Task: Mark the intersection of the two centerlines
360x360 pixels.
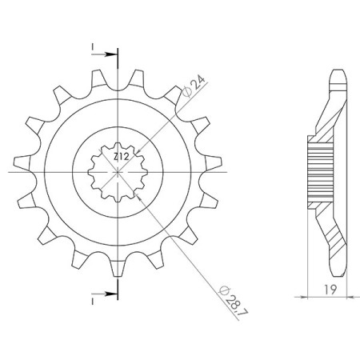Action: point(118,172)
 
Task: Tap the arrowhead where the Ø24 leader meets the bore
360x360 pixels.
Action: point(136,151)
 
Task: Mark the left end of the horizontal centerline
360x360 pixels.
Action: point(10,172)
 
